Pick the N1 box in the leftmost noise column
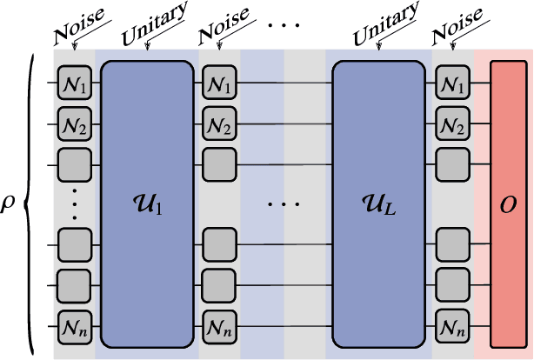(75, 83)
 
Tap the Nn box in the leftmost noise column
(75, 329)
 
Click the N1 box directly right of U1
(219, 83)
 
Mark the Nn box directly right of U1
(219, 329)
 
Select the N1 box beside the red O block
(452, 83)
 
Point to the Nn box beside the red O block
(452, 329)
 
